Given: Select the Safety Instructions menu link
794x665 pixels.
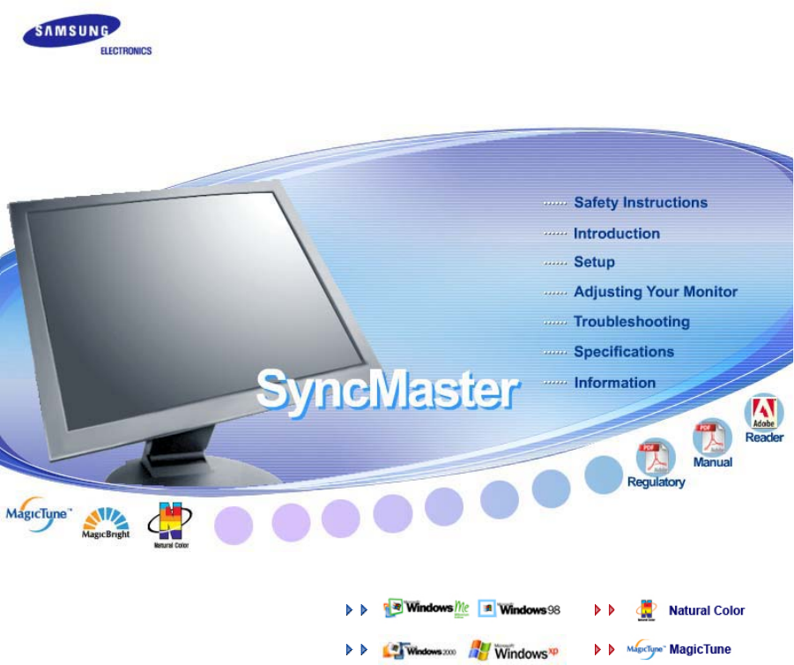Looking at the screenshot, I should pyautogui.click(x=640, y=203).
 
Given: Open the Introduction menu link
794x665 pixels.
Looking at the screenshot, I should pyautogui.click(x=616, y=234).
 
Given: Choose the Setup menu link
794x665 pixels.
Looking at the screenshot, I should pyautogui.click(x=594, y=262).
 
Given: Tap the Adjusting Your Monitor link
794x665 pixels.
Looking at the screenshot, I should pyautogui.click(x=655, y=292).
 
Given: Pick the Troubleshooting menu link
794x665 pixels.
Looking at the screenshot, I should pyautogui.click(x=631, y=322).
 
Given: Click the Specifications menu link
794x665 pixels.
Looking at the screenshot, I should pyautogui.click(x=623, y=352).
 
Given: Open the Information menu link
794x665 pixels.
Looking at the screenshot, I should pyautogui.click(x=614, y=383).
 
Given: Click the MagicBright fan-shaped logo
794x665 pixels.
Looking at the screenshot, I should pyautogui.click(x=106, y=522).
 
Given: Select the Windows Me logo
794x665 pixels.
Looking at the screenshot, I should pyautogui.click(x=428, y=609).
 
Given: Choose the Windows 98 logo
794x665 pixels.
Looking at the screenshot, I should pyautogui.click(x=520, y=609).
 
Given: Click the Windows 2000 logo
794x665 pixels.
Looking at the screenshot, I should pyautogui.click(x=419, y=650).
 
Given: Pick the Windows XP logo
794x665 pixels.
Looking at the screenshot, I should pyautogui.click(x=515, y=651).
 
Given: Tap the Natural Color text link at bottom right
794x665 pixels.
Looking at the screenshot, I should pyautogui.click(x=706, y=610).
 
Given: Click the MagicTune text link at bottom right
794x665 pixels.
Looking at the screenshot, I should pyautogui.click(x=700, y=650).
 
